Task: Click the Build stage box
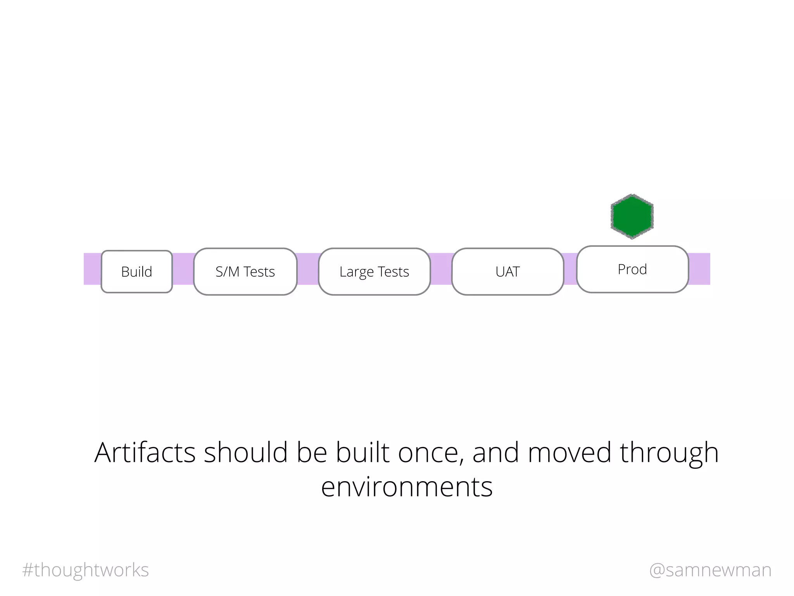click(x=136, y=272)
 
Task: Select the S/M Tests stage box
click(x=245, y=272)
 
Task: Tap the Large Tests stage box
click(x=374, y=272)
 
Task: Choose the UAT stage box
click(x=507, y=272)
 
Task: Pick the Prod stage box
click(x=632, y=269)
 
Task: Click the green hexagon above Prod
click(x=632, y=216)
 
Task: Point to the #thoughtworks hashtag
click(x=86, y=570)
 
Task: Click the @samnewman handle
click(x=710, y=570)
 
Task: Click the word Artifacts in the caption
click(x=145, y=452)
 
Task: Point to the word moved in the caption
click(x=570, y=452)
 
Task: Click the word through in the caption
click(x=669, y=452)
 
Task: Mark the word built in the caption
click(x=362, y=452)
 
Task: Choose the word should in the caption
click(x=246, y=452)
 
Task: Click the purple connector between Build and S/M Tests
click(x=183, y=269)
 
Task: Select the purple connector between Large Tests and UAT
click(x=441, y=269)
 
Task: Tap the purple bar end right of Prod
click(x=699, y=269)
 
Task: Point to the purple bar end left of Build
click(x=92, y=269)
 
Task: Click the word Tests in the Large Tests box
click(x=394, y=272)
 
